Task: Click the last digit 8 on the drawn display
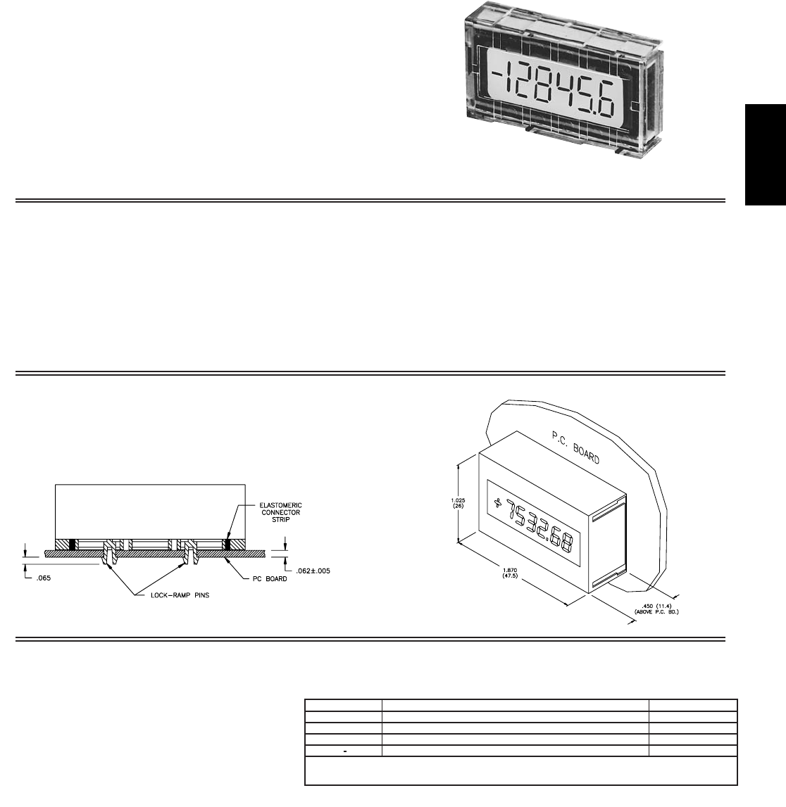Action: pos(566,545)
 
